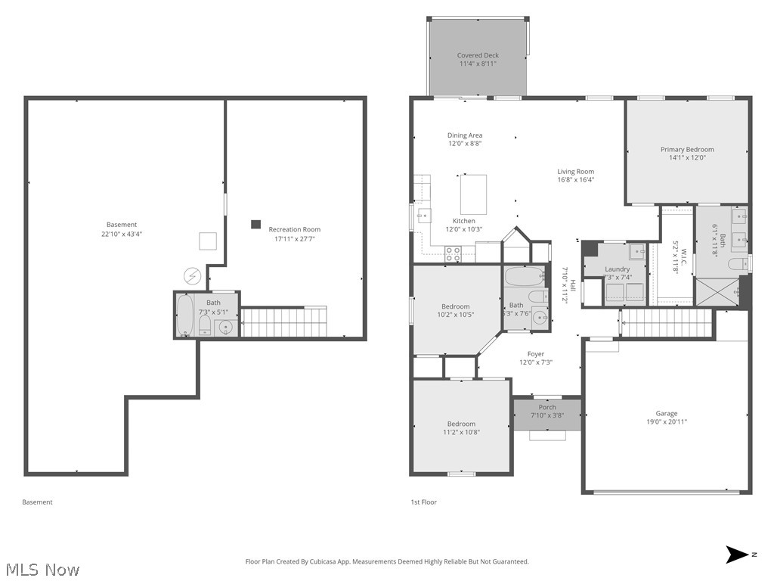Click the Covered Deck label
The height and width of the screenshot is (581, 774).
click(x=478, y=55)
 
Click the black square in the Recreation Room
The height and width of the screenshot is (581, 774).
click(x=256, y=225)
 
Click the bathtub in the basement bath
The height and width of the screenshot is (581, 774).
click(x=185, y=316)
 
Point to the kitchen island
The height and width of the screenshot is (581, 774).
click(x=473, y=194)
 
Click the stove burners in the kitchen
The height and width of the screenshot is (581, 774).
click(x=453, y=254)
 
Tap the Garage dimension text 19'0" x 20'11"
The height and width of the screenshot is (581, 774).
click(x=666, y=422)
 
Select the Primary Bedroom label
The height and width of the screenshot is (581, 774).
click(x=687, y=149)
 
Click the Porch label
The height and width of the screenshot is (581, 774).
click(x=547, y=407)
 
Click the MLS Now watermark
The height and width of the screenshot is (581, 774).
click(x=42, y=569)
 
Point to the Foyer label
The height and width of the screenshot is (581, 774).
click(x=536, y=353)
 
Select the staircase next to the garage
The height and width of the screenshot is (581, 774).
click(x=666, y=323)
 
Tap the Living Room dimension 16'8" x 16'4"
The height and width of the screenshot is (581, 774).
click(x=576, y=180)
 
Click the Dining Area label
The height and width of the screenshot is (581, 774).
click(x=464, y=135)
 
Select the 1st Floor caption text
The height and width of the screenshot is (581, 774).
click(x=423, y=502)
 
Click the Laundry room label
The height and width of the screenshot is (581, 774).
click(x=618, y=269)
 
